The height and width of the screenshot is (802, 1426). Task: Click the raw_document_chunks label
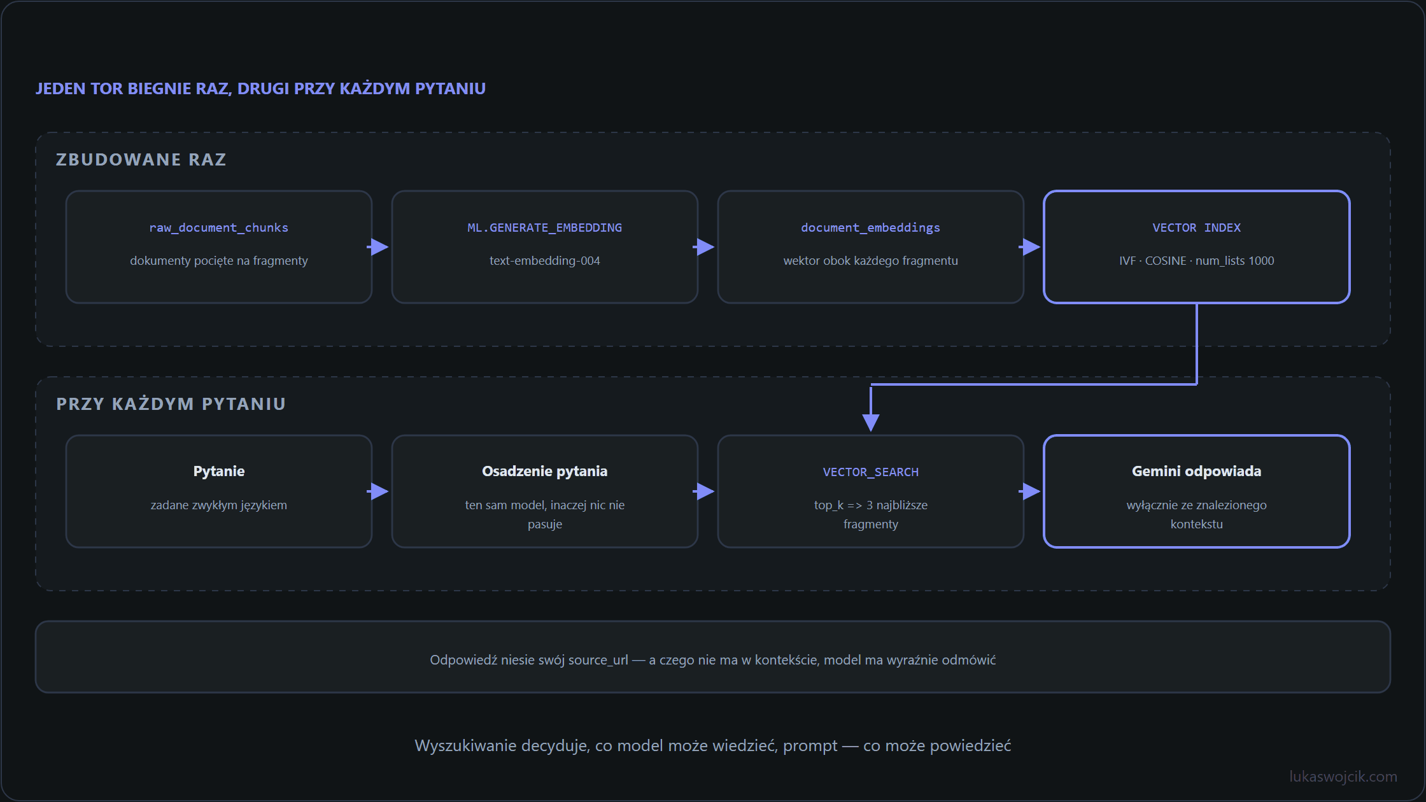(218, 228)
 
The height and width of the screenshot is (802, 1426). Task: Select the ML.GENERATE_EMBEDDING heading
(544, 228)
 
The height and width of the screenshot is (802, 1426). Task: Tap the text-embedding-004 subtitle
(544, 261)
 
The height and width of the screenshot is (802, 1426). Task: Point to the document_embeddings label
(870, 228)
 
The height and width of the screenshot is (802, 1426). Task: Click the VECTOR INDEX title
(1196, 228)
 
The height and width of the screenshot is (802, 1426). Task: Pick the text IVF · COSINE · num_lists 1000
(1196, 261)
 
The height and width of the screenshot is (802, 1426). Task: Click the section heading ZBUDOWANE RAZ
(141, 159)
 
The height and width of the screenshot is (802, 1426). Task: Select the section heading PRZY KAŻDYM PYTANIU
(171, 404)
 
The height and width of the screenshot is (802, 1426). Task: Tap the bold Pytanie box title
(218, 472)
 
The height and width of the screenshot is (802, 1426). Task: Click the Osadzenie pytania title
(544, 472)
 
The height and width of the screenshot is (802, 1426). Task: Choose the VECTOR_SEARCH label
(870, 472)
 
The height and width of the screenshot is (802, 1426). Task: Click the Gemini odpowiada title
(1196, 472)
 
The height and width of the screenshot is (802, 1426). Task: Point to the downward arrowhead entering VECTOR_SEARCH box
(871, 423)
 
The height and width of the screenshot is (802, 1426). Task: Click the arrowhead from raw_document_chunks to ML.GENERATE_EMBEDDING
(379, 247)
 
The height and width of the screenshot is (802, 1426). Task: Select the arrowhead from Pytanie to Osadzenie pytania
(379, 491)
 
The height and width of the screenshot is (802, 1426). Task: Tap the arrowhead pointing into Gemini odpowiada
(1031, 491)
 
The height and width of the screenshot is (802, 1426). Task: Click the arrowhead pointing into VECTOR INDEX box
(1031, 247)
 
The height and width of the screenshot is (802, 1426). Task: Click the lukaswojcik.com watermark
(1343, 777)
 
